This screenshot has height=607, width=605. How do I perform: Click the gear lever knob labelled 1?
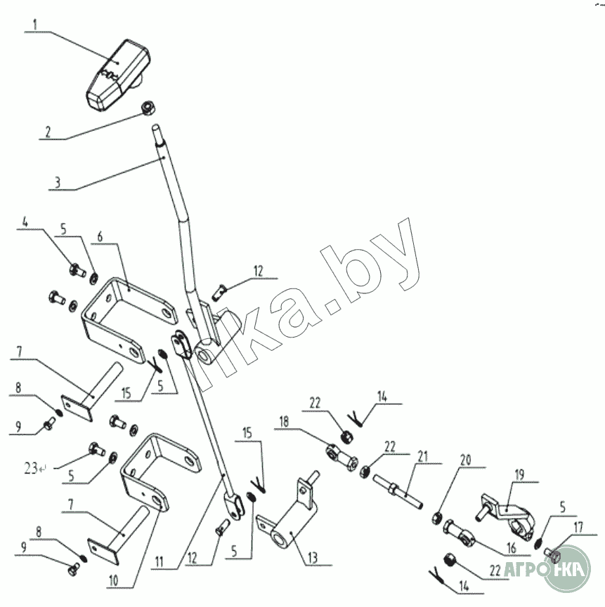click(118, 76)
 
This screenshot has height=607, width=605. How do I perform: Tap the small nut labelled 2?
click(148, 108)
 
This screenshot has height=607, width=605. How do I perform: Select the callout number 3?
click(58, 182)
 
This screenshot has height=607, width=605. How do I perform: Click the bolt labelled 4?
click(77, 270)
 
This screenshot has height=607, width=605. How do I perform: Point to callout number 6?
click(100, 236)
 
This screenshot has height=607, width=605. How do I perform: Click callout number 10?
click(113, 580)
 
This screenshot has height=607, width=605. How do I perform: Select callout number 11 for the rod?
click(160, 561)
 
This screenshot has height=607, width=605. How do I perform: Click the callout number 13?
click(313, 558)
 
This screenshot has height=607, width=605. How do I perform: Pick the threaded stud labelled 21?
click(398, 492)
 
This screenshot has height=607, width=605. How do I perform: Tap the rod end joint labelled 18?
click(341, 458)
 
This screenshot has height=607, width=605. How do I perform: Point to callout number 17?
click(578, 527)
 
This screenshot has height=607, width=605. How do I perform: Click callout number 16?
click(512, 548)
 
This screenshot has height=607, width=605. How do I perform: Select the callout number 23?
click(31, 469)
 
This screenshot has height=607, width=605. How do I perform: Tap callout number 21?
click(423, 456)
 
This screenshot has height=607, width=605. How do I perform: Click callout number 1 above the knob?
click(35, 25)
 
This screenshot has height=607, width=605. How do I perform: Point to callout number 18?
click(284, 422)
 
